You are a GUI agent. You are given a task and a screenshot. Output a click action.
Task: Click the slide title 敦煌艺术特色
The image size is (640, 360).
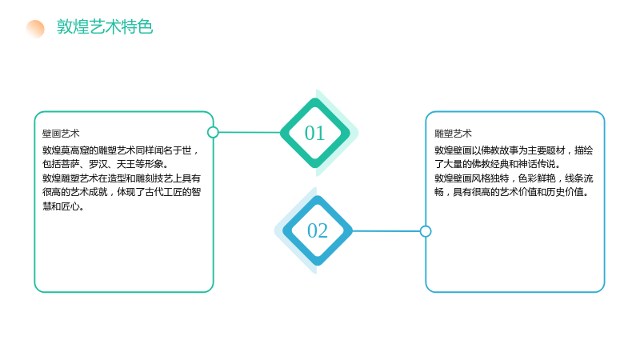tap(105, 27)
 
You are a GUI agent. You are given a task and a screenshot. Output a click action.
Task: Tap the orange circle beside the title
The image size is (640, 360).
tap(35, 29)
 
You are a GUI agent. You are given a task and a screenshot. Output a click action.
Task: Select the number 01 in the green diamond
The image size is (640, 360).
tap(314, 133)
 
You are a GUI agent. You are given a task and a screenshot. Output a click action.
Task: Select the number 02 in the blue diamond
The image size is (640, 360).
tap(318, 230)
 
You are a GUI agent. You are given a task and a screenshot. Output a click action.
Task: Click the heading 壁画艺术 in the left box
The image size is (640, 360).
tap(61, 134)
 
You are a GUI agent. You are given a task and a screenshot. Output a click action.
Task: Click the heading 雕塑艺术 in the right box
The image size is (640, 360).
tap(453, 134)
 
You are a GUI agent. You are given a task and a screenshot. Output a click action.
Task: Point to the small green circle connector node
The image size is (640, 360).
tap(213, 132)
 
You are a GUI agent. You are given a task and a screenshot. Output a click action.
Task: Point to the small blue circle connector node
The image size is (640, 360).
tap(426, 231)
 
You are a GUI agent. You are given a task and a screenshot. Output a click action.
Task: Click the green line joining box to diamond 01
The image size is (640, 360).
tap(250, 132)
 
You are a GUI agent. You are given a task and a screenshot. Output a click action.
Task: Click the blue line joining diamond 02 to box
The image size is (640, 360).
tap(386, 231)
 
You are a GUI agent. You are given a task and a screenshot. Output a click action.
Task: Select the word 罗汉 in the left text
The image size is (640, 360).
tap(98, 164)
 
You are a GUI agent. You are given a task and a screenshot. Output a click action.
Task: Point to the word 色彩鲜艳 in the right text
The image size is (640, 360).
tap(537, 178)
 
